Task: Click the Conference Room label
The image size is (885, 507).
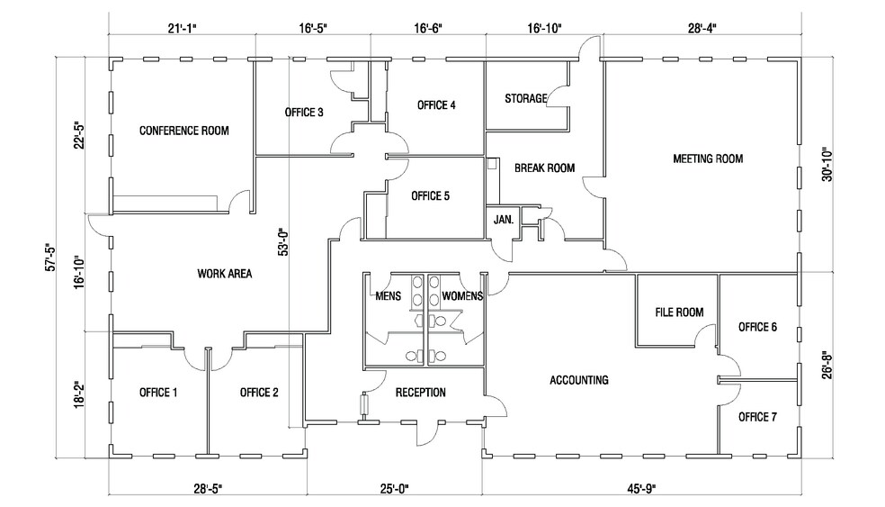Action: click(183, 131)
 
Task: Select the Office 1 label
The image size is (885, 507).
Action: click(158, 392)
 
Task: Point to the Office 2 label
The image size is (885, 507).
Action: click(259, 392)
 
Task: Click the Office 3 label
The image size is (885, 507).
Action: click(304, 113)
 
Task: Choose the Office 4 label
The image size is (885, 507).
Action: click(436, 105)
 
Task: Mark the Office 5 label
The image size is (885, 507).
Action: click(430, 195)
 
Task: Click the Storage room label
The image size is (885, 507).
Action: click(526, 98)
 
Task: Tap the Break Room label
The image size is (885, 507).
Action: click(544, 167)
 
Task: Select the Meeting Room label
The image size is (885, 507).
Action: click(708, 159)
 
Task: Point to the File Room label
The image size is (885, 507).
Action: click(678, 312)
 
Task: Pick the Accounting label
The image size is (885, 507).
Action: click(578, 380)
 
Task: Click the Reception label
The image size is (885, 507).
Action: click(420, 393)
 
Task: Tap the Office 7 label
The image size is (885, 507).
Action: click(757, 417)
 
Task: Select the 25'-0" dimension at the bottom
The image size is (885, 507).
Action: click(394, 489)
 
